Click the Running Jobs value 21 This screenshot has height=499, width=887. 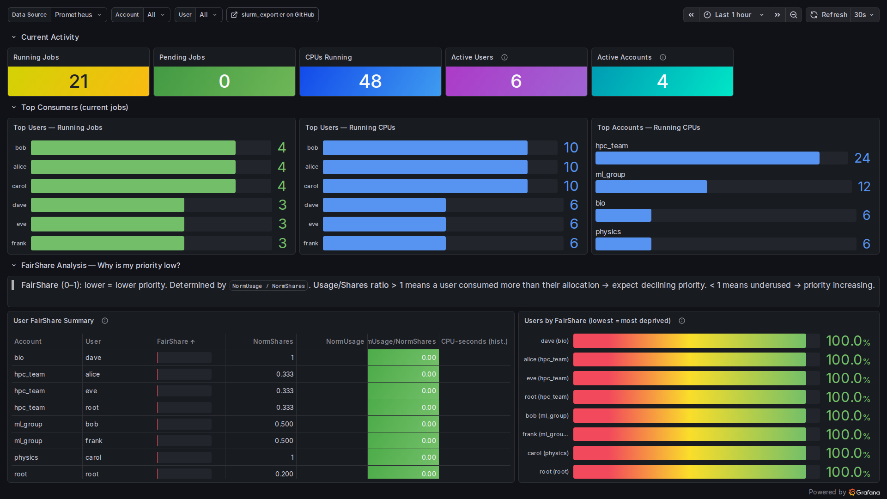[79, 81]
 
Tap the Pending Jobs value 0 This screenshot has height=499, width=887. [225, 81]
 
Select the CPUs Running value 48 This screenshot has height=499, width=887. [371, 81]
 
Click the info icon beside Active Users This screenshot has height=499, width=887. [504, 57]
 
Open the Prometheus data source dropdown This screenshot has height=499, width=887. [79, 15]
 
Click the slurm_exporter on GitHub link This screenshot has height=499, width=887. [273, 15]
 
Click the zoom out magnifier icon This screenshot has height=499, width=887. [794, 15]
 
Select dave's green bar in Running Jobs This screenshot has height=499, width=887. [108, 205]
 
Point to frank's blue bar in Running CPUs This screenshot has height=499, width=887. [384, 243]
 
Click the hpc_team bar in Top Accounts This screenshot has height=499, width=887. [707, 158]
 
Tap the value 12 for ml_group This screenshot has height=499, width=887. [864, 187]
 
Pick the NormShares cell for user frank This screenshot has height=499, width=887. [284, 441]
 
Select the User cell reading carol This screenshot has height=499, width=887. [93, 457]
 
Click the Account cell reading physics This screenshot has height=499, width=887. [26, 457]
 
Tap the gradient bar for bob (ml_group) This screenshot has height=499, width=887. [690, 416]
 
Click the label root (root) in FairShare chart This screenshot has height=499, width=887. [554, 472]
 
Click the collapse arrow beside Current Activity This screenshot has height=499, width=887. [14, 37]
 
